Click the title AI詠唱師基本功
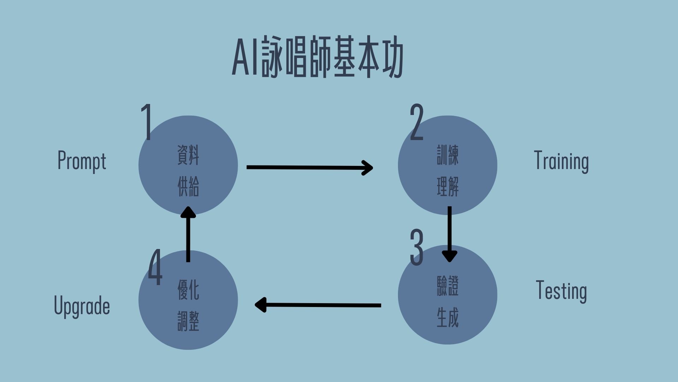pos(317,57)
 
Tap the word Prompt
pos(82,161)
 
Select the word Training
pos(561,161)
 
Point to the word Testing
pos(561,291)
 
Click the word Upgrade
pos(82,306)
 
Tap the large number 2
pos(417,122)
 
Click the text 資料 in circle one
pos(188,155)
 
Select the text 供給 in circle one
pos(188,186)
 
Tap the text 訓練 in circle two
pos(448,155)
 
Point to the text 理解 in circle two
pos(448,186)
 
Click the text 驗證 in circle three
pos(448,286)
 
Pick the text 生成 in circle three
pos(448,317)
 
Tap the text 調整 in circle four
pos(188,321)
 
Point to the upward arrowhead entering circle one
pos(188,212)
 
